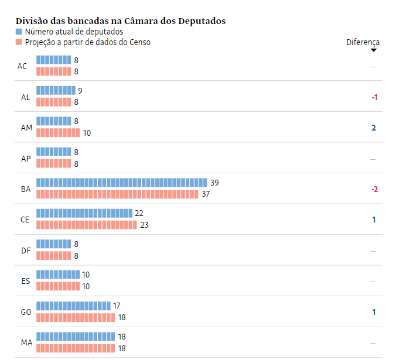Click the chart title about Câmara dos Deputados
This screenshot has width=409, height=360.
tap(121, 21)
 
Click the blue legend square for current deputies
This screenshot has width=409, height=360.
tap(19, 32)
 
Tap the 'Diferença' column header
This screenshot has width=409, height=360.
tap(363, 42)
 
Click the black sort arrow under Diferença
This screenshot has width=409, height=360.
tap(373, 50)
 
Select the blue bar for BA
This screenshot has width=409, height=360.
tap(122, 183)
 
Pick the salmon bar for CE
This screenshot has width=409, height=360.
tap(87, 225)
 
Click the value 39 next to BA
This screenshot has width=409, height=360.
tap(214, 183)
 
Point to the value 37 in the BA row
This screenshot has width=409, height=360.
tap(206, 194)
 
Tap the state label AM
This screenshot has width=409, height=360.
tap(26, 128)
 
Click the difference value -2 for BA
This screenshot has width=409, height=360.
tap(374, 189)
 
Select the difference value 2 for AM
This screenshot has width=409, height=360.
tap(374, 128)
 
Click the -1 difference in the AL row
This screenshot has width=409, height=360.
tap(374, 97)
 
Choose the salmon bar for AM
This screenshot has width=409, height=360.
tap(58, 133)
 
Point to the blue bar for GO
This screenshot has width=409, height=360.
tap(73, 306)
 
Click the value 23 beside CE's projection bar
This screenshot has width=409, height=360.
tap(144, 225)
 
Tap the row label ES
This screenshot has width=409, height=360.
tap(26, 281)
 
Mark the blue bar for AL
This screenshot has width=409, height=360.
tap(56, 91)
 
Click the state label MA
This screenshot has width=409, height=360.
tap(26, 342)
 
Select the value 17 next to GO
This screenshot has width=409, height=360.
tap(117, 306)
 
